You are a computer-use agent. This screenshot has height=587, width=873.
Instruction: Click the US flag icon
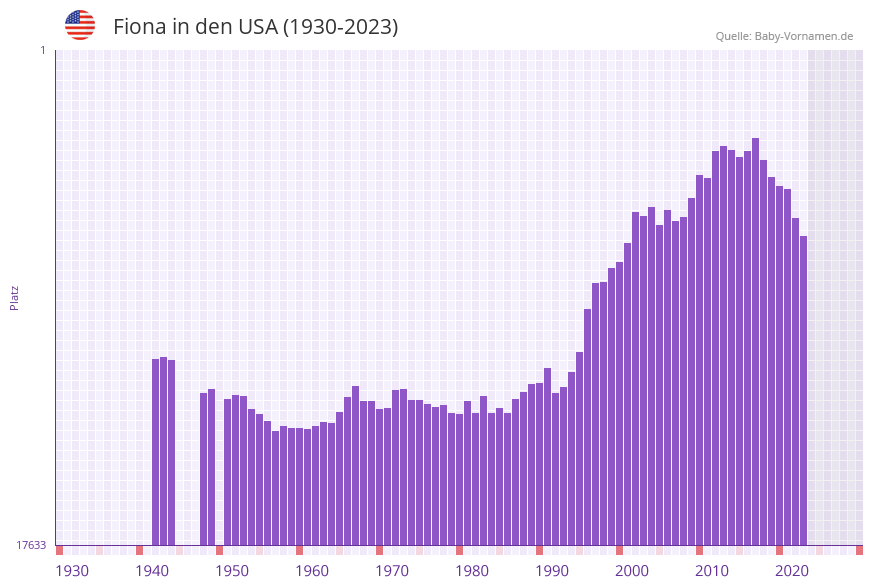80,25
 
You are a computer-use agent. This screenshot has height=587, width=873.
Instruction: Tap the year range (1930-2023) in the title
341,27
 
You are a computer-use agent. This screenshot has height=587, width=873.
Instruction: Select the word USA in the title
258,27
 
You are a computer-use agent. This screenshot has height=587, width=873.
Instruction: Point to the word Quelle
732,36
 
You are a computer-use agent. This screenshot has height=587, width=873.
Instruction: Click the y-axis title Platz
14,297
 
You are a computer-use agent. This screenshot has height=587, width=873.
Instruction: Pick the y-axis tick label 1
42,50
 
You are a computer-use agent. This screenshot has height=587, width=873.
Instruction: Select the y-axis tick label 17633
31,545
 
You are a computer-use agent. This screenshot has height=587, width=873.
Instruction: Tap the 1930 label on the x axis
72,571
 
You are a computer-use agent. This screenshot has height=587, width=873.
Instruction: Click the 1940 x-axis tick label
152,571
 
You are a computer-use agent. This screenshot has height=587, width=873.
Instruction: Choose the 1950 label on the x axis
232,571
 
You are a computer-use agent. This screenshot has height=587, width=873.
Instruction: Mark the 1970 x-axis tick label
392,571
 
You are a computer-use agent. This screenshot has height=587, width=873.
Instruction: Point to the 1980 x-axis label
472,571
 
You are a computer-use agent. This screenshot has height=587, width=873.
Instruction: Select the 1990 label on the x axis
552,571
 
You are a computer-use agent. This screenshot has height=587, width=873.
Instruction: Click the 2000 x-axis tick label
632,571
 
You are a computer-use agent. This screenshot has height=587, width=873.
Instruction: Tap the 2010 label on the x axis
712,571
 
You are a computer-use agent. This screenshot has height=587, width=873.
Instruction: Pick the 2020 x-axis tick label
792,571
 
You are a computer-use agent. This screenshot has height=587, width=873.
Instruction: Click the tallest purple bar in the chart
756,340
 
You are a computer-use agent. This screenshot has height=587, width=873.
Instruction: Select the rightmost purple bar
803,390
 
